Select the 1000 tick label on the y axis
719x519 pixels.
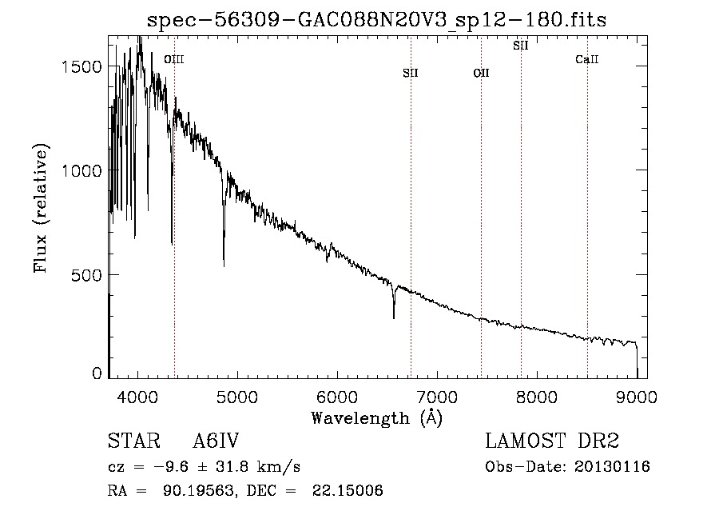click(83, 170)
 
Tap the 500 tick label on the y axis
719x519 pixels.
click(89, 274)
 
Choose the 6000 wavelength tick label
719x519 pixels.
click(337, 396)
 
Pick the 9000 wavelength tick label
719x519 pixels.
click(637, 396)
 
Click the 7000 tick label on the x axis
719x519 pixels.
click(437, 396)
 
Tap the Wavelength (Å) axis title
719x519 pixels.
click(376, 417)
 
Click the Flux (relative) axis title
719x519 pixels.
click(41, 208)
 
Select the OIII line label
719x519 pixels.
click(173, 59)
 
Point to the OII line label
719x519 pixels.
click(481, 74)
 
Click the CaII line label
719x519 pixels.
click(587, 60)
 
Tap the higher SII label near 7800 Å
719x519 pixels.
click(521, 46)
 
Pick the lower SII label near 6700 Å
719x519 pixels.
click(411, 74)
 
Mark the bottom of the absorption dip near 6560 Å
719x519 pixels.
click(393, 317)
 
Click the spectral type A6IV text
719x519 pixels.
click(216, 441)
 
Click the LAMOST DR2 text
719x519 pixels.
click(552, 441)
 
